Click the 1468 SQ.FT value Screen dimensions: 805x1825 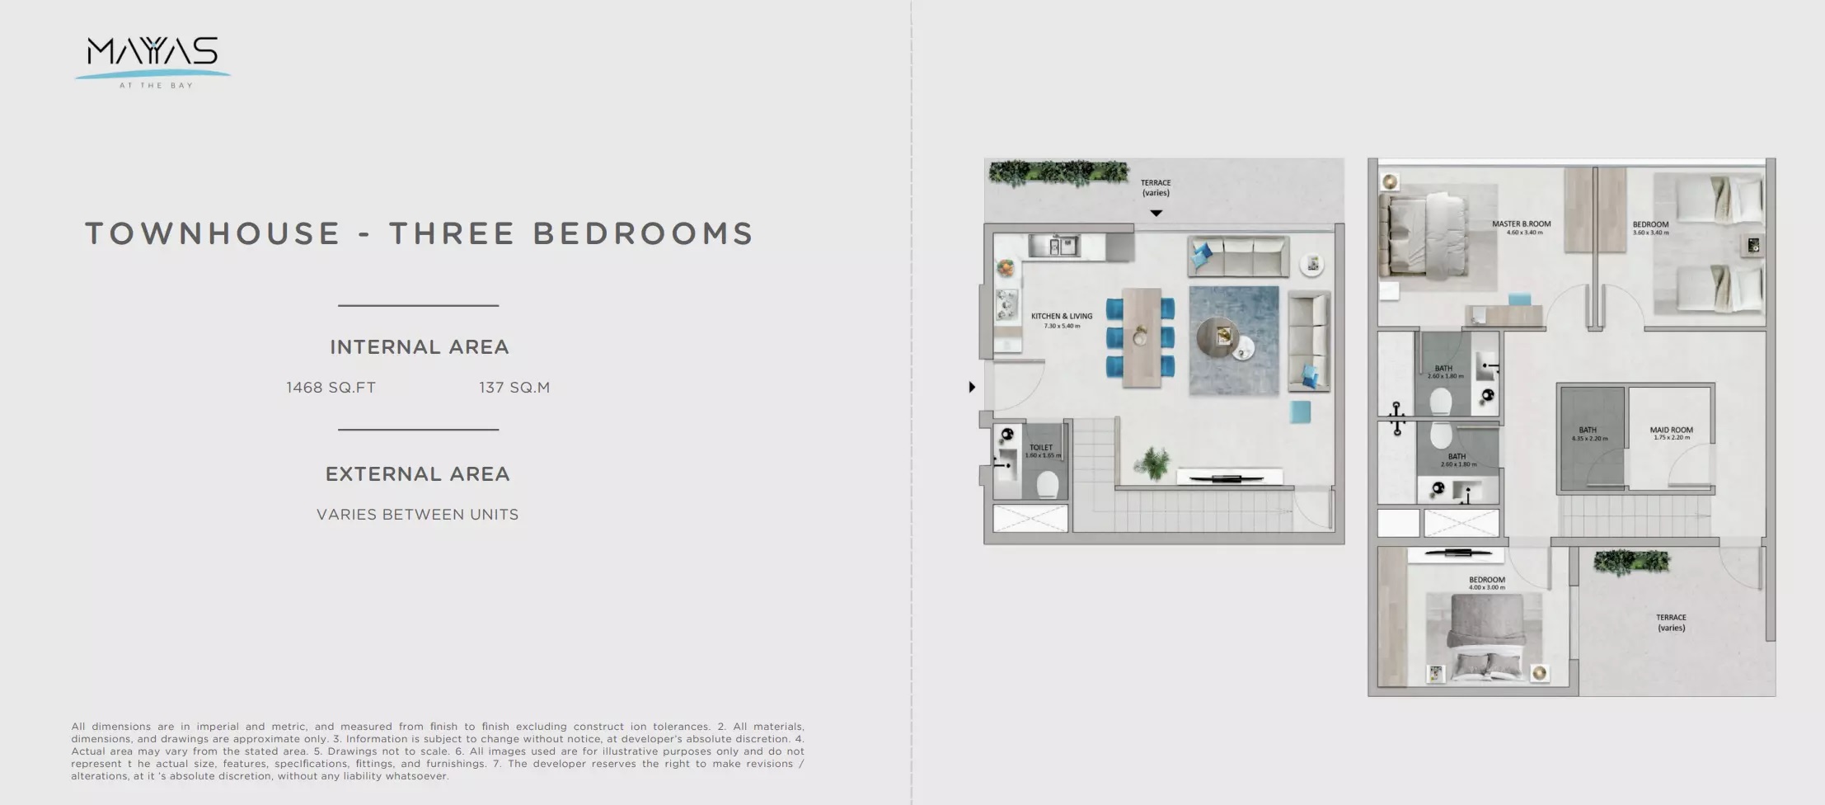(331, 388)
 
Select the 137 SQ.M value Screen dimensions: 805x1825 (514, 388)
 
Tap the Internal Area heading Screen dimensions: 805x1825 (419, 347)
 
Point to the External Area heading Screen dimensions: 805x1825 (417, 474)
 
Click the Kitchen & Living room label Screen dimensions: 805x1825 (1061, 317)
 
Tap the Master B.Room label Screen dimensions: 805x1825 (1521, 224)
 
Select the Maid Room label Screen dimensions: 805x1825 (1671, 431)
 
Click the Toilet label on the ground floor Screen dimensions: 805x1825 (1040, 448)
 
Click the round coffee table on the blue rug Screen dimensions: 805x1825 (1218, 337)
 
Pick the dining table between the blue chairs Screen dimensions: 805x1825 (1142, 337)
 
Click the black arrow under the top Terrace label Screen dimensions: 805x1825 (1156, 214)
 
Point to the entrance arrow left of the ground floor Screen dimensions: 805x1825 (972, 387)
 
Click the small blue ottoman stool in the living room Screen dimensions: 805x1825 (1300, 412)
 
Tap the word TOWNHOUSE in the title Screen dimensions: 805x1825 (213, 234)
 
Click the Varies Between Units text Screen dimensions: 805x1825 (417, 515)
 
